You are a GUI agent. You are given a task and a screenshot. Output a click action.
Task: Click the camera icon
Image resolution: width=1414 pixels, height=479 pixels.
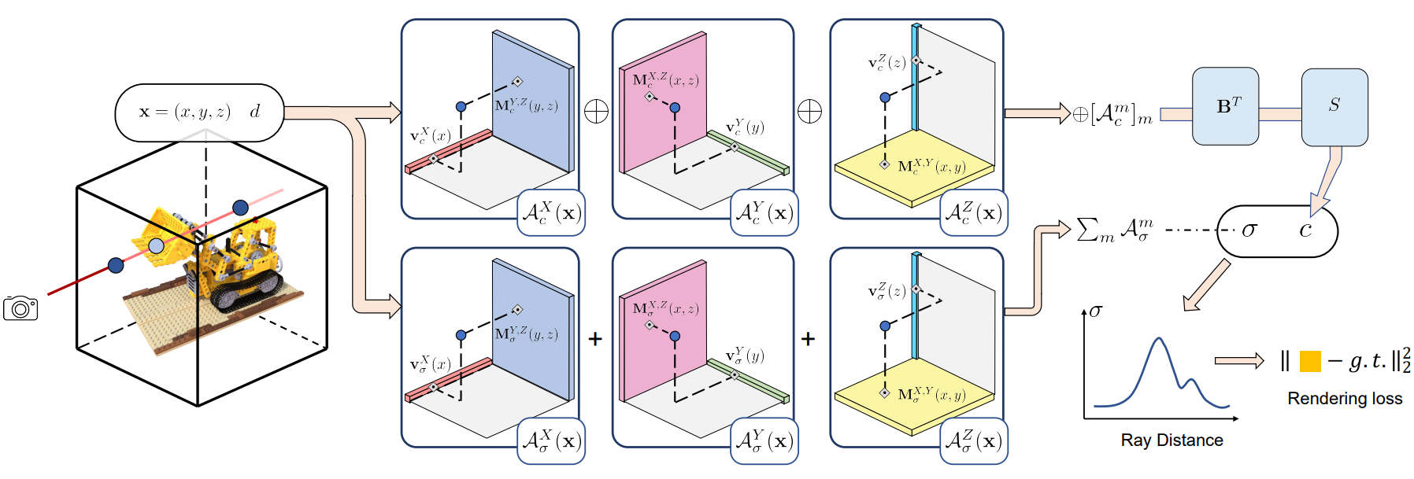click(20, 308)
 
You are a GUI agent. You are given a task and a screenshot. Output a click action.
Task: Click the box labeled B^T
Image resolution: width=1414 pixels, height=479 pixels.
click(1225, 106)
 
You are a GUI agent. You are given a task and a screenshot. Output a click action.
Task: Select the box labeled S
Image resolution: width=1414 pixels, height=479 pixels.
click(1334, 106)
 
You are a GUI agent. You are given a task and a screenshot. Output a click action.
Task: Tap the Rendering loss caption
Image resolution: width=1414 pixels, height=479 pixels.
click(1344, 399)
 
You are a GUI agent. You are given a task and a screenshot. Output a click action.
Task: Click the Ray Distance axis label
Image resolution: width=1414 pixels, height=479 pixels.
click(1172, 440)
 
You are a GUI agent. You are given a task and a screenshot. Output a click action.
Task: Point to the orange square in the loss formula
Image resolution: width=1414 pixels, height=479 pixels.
click(1309, 361)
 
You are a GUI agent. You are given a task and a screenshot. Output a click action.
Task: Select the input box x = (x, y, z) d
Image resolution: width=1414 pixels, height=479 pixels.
click(199, 112)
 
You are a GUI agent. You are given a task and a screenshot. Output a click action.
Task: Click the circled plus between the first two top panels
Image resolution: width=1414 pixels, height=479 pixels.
click(597, 112)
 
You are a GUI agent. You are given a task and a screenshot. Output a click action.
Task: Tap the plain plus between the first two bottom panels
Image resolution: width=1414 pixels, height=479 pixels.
click(595, 339)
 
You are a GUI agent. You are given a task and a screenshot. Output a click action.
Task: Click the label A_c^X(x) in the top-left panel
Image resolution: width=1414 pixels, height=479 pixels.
click(551, 213)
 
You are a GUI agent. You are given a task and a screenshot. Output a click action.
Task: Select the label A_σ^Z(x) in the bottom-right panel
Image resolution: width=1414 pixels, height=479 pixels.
click(974, 441)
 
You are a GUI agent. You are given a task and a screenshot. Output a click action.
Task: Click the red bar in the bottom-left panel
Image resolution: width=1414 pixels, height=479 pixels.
click(448, 380)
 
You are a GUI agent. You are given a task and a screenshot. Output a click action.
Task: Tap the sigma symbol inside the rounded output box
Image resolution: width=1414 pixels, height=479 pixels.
click(1249, 230)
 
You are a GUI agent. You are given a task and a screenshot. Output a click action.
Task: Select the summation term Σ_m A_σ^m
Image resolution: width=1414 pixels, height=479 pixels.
click(1114, 230)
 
